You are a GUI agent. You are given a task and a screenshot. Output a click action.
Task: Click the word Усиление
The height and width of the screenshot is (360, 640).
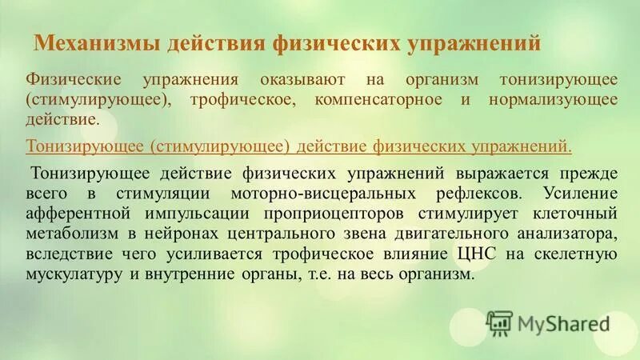[579, 194]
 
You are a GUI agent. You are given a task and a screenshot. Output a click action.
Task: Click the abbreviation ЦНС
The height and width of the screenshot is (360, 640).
[469, 254]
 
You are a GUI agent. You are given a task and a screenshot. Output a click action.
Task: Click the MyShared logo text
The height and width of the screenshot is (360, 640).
[563, 323]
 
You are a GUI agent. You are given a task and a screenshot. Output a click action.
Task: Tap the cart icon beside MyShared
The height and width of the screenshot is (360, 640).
[499, 322]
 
